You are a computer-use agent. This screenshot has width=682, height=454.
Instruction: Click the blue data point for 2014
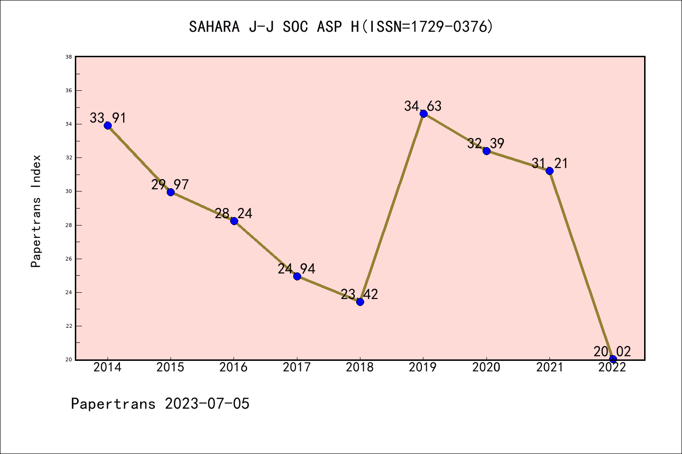[x=108, y=125]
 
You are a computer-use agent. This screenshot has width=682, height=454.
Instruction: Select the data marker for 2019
[x=423, y=113]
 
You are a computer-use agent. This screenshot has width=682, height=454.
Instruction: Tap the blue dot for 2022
[x=613, y=359]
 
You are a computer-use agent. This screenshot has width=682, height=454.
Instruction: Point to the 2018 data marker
[x=360, y=302]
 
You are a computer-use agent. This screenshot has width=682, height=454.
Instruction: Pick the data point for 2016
[x=234, y=221]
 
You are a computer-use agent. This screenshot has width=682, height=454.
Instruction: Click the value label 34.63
[x=423, y=106]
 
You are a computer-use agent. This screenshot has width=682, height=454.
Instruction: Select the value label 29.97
[x=170, y=184]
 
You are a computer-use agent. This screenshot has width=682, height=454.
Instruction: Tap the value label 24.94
[x=296, y=269]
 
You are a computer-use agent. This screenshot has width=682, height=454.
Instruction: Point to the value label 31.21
[x=549, y=164]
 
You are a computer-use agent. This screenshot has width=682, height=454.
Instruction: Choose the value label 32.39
[x=486, y=143]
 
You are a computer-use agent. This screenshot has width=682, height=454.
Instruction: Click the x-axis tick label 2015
[x=170, y=367]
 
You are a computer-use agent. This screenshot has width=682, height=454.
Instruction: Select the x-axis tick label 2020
[x=486, y=367]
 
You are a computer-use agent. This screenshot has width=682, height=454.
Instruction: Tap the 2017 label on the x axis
[x=297, y=367]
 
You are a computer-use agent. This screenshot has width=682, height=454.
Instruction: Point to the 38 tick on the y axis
[x=69, y=57]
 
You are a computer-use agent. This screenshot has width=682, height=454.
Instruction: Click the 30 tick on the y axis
[x=69, y=192]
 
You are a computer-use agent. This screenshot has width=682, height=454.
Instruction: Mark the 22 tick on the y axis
[x=69, y=326]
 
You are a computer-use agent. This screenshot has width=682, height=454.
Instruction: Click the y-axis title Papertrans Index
[x=36, y=211]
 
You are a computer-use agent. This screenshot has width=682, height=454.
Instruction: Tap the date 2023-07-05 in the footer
[x=207, y=404]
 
